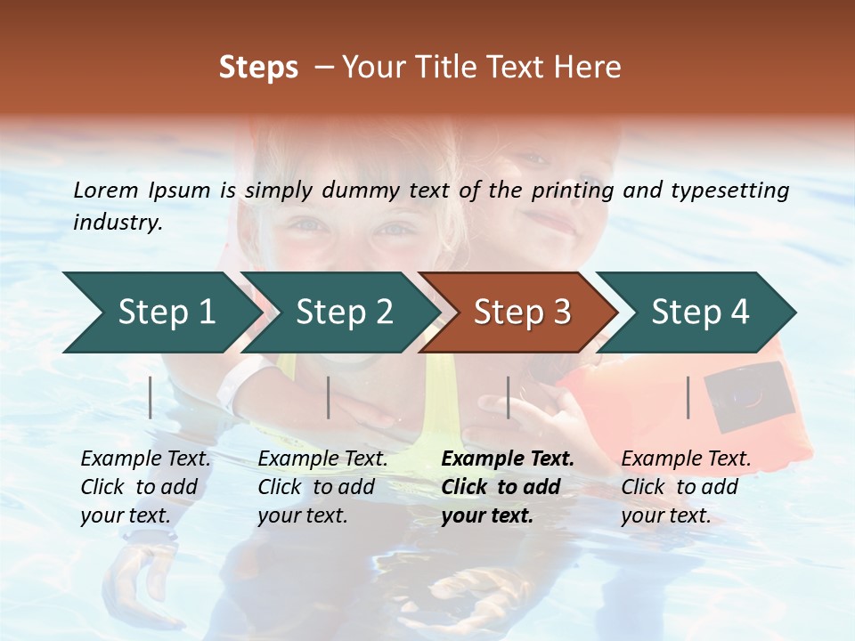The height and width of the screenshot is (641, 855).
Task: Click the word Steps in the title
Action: tap(258, 68)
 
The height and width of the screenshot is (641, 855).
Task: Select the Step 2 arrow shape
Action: tap(343, 312)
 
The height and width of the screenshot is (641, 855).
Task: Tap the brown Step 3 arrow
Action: tap(521, 312)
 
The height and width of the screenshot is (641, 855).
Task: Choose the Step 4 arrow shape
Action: tap(699, 312)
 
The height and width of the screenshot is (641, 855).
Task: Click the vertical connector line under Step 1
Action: tap(151, 397)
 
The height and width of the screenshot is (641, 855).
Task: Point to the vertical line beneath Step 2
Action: tap(329, 397)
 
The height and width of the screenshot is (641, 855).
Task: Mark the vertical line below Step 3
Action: tap(508, 397)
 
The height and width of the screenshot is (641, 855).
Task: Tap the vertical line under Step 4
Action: tap(688, 397)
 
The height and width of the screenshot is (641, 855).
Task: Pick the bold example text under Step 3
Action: tap(507, 487)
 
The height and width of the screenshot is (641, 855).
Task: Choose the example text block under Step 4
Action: tap(685, 487)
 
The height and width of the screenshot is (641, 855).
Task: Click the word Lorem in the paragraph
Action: tap(106, 190)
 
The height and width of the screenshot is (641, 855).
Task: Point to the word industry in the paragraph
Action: tap(117, 223)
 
